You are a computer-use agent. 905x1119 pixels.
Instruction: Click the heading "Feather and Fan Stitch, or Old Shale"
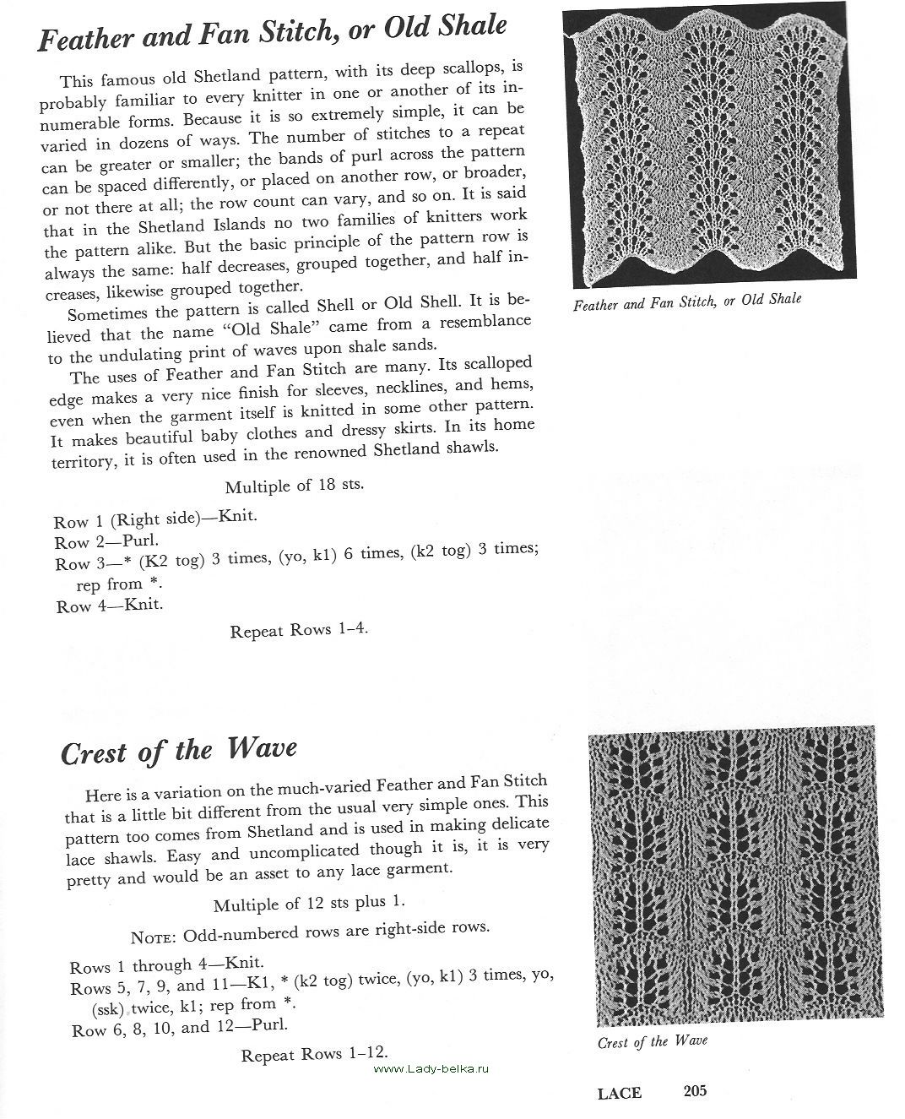[x=272, y=34]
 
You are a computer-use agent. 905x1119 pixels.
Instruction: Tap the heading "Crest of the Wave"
[x=179, y=751]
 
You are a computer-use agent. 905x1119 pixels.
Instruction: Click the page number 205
[x=695, y=1091]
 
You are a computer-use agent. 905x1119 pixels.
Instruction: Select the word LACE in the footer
[x=619, y=1093]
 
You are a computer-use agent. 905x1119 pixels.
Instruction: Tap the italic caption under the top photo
[x=686, y=301]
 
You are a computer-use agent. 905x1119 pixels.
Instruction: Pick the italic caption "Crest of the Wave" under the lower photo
[x=652, y=1041]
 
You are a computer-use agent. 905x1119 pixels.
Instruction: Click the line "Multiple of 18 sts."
[x=294, y=486]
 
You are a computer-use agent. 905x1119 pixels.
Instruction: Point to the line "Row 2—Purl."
[x=106, y=541]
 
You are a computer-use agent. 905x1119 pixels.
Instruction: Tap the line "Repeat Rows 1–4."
[x=299, y=630]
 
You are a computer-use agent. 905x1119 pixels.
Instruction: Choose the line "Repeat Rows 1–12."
[x=314, y=1054]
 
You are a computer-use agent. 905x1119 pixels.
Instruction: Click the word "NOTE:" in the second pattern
[x=154, y=937]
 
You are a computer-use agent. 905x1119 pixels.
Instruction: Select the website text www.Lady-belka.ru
[x=431, y=1068]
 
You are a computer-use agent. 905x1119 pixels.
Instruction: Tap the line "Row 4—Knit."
[x=110, y=606]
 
